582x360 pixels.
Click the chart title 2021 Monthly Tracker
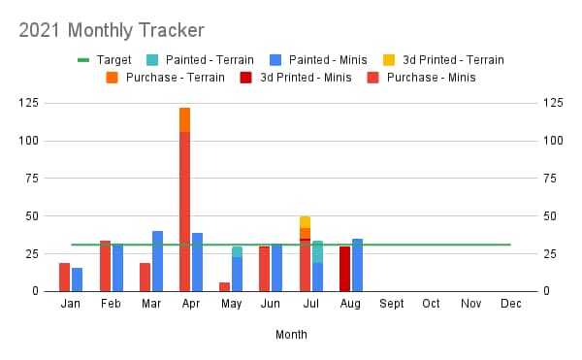coord(112,30)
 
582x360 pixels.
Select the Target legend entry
coord(105,60)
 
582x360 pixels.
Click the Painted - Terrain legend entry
coord(200,60)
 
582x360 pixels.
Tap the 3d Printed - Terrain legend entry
coord(444,60)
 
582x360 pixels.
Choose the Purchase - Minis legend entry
coord(421,78)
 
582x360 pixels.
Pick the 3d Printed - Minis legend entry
coord(296,78)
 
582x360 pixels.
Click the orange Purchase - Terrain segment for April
coord(184,120)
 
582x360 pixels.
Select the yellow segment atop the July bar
coord(306,222)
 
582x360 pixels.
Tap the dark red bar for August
coord(344,269)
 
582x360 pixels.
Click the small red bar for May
coord(225,287)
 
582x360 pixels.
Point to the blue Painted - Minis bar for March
coord(157,261)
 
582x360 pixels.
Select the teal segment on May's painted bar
coord(238,252)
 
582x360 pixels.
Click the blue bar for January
coord(78,279)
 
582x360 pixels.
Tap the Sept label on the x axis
coord(392,304)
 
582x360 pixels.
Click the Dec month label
coord(511,304)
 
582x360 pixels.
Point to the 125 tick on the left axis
coord(28,103)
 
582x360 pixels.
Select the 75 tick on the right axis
coord(550,179)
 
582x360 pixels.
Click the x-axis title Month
coord(291,335)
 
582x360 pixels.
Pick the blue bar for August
coord(357,265)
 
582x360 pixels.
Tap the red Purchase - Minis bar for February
coord(106,266)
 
